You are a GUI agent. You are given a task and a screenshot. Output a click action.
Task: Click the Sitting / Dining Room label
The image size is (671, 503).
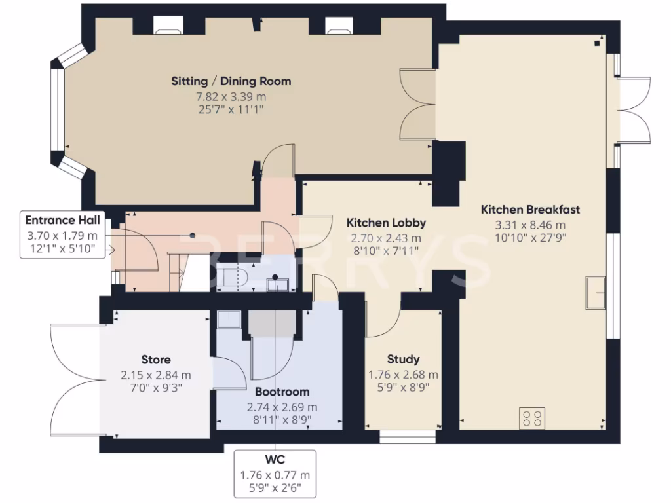tap(231, 81)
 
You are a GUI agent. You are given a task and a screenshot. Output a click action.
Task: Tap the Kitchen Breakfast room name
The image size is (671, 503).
tap(530, 210)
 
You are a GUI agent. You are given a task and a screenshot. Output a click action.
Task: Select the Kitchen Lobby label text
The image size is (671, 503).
tap(386, 223)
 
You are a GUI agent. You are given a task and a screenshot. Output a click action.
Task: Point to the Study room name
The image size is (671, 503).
tap(403, 360)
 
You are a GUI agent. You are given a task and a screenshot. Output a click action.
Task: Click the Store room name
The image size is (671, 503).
tap(156, 360)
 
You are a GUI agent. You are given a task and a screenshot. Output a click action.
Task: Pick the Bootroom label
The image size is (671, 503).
tap(282, 392)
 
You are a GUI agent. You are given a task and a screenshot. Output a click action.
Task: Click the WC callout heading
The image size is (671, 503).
tap(275, 460)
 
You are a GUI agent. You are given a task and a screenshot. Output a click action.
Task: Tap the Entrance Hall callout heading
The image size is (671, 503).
tap(62, 220)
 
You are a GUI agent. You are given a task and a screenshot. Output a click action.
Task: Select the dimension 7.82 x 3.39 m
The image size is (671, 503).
tap(231, 97)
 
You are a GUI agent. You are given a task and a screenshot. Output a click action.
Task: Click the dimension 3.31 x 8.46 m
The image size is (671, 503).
tap(530, 225)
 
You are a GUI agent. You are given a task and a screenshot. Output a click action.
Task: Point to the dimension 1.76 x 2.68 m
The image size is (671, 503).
tap(403, 375)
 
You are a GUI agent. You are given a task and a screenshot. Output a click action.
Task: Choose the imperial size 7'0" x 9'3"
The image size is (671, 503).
tap(156, 388)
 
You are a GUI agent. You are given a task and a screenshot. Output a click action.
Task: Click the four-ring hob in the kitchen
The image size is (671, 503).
tap(532, 418)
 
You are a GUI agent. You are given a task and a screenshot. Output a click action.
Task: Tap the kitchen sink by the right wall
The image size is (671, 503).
tap(596, 293)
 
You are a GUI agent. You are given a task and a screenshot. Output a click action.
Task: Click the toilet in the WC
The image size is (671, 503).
tap(231, 276)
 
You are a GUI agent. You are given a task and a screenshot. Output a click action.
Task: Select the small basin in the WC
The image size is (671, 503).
tap(278, 284)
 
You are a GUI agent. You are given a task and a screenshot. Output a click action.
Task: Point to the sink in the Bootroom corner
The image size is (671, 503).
tap(229, 319)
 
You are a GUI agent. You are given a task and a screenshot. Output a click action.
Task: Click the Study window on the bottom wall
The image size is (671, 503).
tap(408, 436)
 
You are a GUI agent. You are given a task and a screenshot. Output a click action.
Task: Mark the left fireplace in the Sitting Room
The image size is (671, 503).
tap(168, 26)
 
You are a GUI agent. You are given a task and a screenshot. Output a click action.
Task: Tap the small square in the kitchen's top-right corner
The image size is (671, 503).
tap(598, 43)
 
